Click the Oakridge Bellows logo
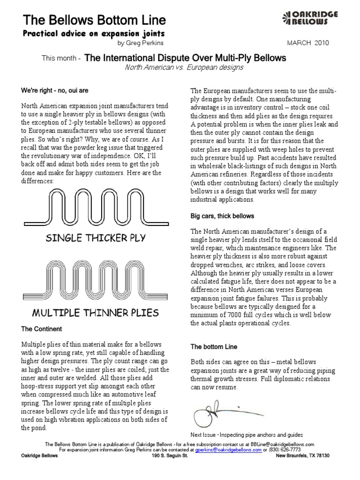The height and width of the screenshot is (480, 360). tap(310, 19)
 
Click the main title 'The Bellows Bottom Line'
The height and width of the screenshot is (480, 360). tap(94, 20)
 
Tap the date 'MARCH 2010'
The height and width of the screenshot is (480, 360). tap(307, 43)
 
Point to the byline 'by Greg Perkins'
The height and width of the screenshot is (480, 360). tap(139, 43)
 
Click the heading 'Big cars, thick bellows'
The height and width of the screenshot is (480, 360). tap(222, 216)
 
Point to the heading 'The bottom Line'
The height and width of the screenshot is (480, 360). tap(214, 347)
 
